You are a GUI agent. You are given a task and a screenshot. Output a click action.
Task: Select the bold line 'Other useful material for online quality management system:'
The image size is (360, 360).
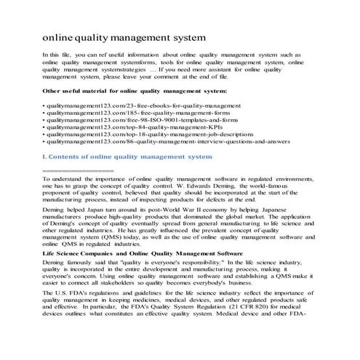point(135,91)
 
